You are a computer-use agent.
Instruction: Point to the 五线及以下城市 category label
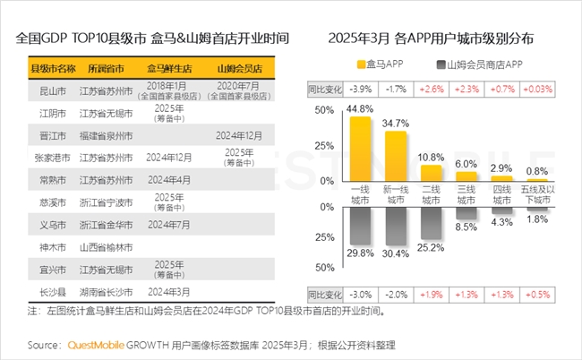[x=537, y=195]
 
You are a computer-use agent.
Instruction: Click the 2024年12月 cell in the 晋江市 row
[x=239, y=135]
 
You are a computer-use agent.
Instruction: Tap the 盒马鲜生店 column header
[x=168, y=68]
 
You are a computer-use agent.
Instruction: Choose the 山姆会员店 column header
[x=239, y=68]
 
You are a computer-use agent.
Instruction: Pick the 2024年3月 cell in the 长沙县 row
[x=168, y=292]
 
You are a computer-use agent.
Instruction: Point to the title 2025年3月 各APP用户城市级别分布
[x=432, y=39]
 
